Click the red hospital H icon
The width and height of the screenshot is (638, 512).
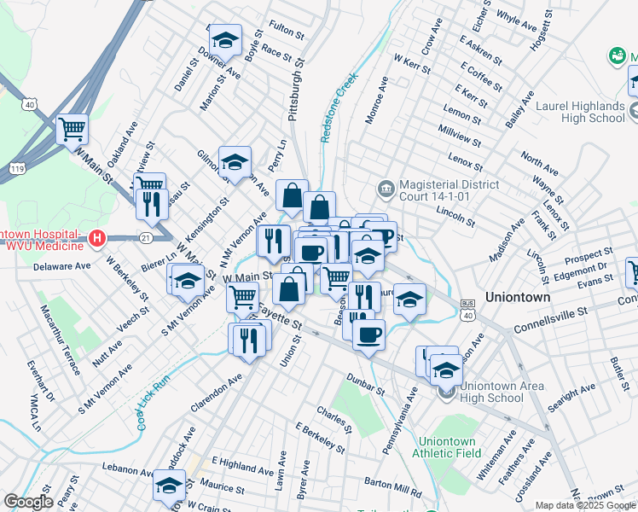pos(97,237)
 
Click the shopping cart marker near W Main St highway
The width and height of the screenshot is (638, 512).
pos(72,130)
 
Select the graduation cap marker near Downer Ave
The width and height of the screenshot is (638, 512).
pos(225,40)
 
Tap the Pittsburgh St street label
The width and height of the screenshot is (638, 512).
pos(296,89)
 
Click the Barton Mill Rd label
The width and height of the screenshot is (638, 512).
pos(392,487)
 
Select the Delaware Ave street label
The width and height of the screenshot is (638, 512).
pos(61,266)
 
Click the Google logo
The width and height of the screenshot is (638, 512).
pos(28,502)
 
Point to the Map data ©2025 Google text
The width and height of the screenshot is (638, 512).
pos(585,505)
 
